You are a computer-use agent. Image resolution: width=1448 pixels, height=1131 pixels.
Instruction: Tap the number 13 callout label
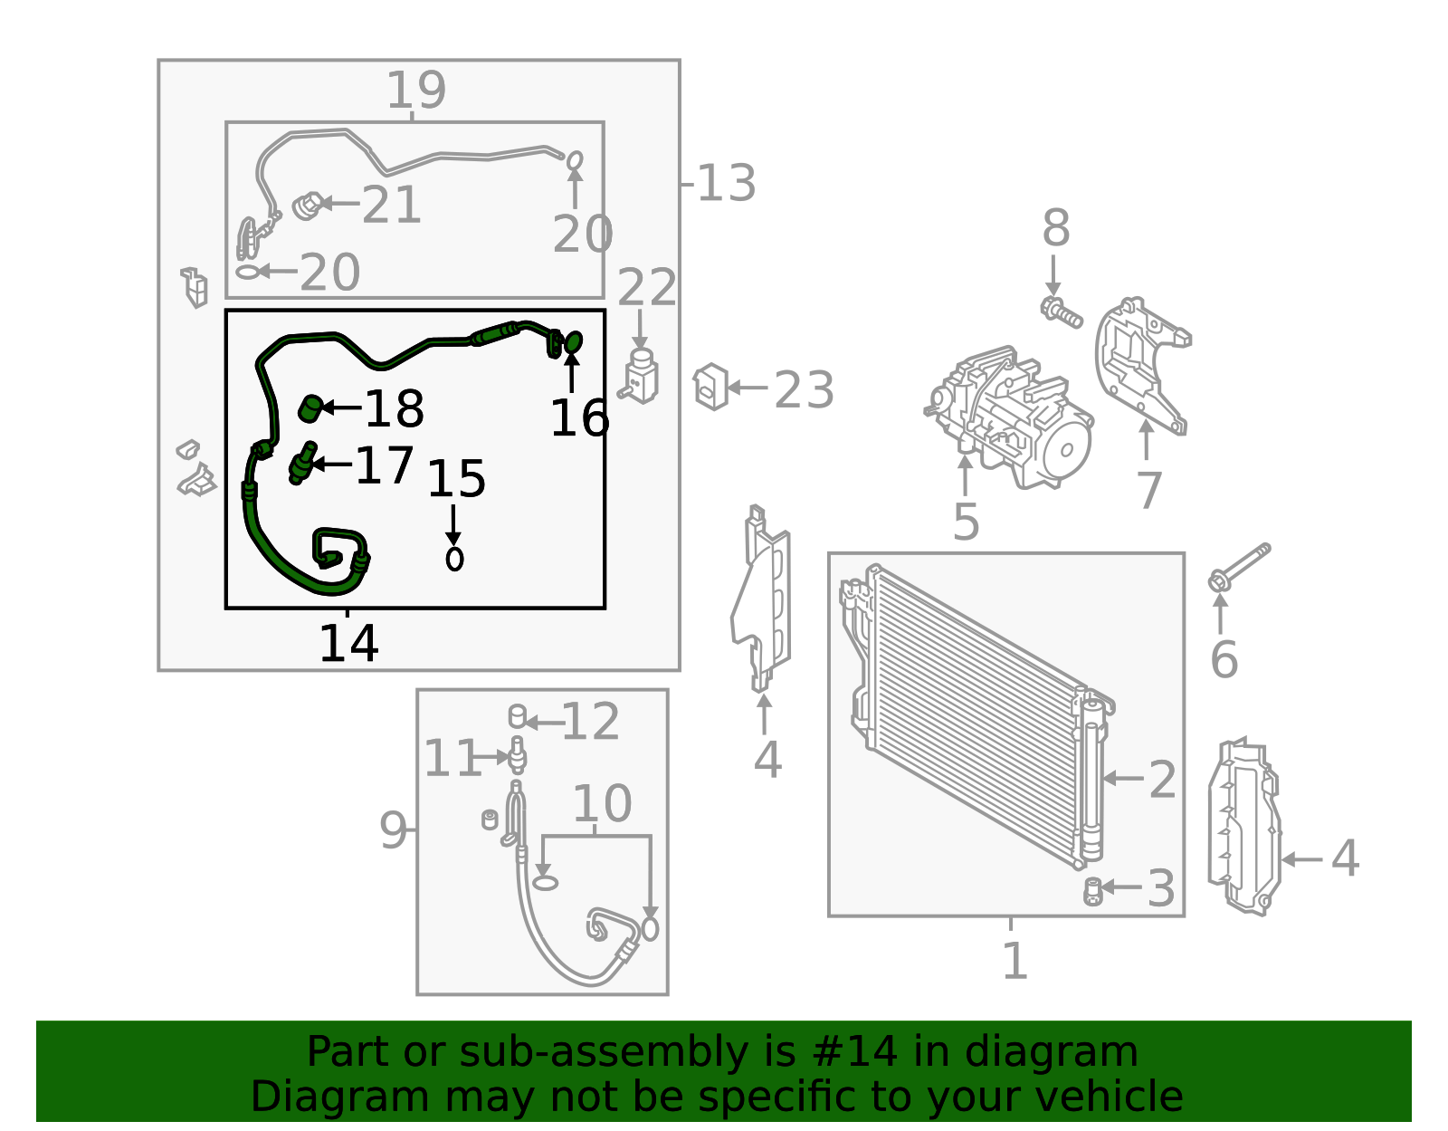coord(727,183)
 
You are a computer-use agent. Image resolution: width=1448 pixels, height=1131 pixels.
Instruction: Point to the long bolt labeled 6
coord(1239,567)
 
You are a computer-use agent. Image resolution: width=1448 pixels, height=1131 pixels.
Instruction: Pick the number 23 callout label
coord(804,390)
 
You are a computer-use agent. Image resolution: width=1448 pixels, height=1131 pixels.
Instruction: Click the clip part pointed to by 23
coord(710,387)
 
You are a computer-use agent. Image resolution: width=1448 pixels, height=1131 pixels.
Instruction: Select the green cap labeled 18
coord(310,407)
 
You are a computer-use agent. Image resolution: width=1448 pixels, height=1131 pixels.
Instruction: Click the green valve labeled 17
coord(302,463)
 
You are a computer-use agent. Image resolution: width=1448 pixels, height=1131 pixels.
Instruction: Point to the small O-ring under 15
coord(454,559)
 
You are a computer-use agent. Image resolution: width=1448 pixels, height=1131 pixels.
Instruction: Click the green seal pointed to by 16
coord(573,342)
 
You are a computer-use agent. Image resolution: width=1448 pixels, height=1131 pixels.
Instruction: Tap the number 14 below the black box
coord(348,643)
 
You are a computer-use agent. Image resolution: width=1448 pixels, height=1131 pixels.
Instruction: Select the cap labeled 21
coord(309,206)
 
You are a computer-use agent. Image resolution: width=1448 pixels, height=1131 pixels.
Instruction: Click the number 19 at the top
coord(415,90)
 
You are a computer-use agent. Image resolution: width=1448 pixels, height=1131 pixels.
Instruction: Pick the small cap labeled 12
coord(518,716)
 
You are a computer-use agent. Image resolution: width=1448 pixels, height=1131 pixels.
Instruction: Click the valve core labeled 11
coord(518,756)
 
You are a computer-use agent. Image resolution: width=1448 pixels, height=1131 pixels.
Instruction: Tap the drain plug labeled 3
coord(1093,892)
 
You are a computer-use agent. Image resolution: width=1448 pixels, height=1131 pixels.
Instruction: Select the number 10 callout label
coord(602,804)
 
